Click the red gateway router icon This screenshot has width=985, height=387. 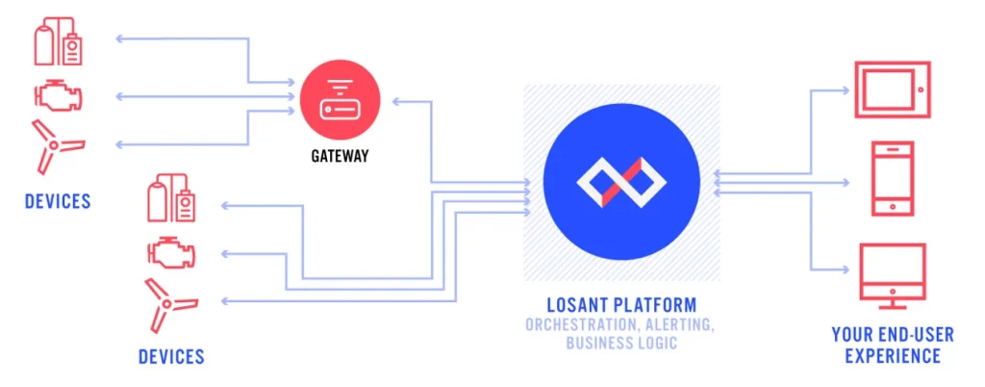tap(340, 99)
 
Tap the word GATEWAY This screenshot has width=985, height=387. tap(340, 156)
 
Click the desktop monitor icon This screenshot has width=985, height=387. tap(891, 272)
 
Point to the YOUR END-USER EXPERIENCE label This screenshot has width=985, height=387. tap(892, 346)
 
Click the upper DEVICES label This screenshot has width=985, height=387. tap(58, 201)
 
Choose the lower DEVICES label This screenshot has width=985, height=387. tap(171, 357)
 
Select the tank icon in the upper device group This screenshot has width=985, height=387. tap(58, 43)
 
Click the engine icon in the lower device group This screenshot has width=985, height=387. tap(171, 253)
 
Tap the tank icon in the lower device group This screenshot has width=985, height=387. tap(171, 200)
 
